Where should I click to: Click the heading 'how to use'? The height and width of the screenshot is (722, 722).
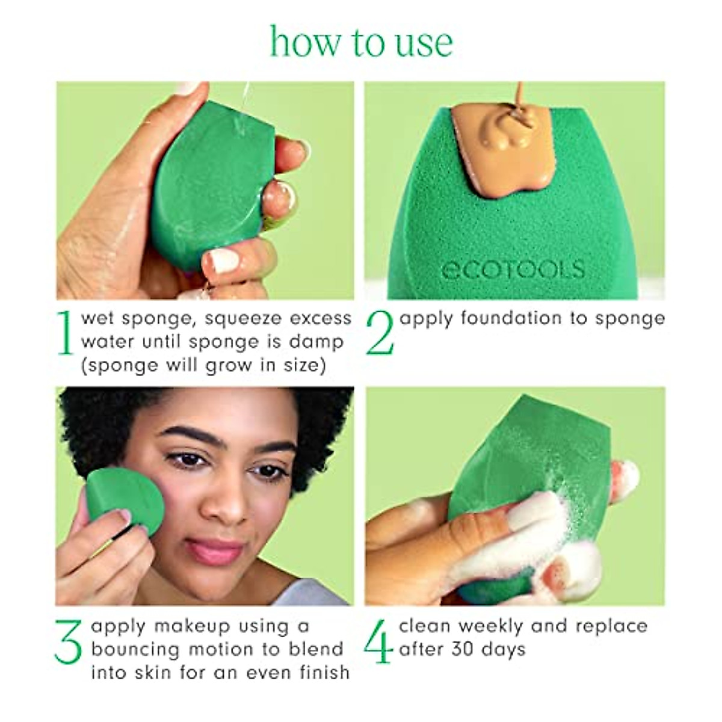(x=361, y=42)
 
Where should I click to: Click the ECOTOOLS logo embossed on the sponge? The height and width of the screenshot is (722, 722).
(x=513, y=269)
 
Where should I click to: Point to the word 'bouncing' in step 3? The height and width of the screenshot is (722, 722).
(x=136, y=649)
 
